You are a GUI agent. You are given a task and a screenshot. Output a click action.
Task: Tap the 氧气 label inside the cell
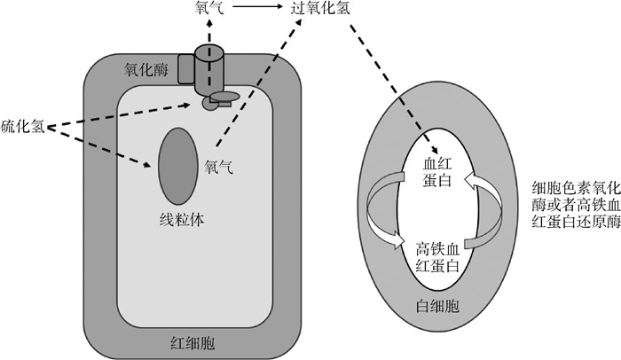[219, 166]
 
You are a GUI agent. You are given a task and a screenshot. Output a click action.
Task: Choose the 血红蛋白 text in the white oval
[436, 171]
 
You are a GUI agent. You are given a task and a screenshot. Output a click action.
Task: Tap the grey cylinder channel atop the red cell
[212, 67]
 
